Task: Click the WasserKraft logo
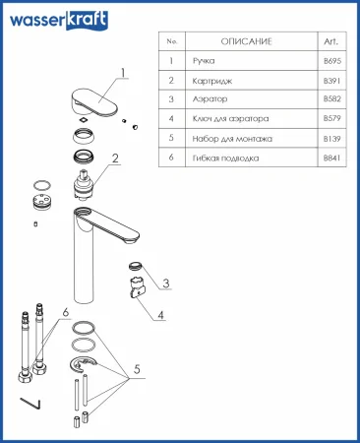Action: pos(59,20)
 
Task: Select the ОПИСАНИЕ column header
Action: pos(247,41)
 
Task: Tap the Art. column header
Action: pos(330,41)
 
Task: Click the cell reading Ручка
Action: pos(204,61)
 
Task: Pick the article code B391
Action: pos(332,81)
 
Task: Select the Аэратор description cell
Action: pos(210,98)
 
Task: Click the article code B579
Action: pos(332,118)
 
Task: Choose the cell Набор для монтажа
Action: pos(232,139)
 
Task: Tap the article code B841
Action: pos(332,158)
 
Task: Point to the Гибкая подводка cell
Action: pos(225,158)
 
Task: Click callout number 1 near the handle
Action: pos(123,73)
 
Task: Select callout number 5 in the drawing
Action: pos(137,369)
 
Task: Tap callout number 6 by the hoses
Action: pos(66,312)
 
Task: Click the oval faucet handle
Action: pos(94,101)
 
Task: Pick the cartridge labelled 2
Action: pos(85,184)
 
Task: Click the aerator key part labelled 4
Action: pos(137,287)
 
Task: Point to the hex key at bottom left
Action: pos(30,404)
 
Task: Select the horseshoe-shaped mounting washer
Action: pos(83,364)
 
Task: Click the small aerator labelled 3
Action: pos(135,266)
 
